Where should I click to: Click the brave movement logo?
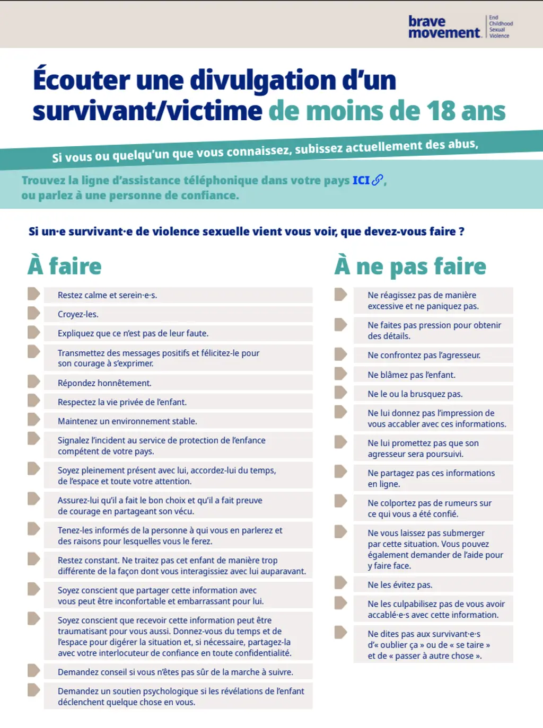(444, 27)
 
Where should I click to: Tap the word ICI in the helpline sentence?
(361, 181)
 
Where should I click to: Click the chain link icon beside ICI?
(377, 180)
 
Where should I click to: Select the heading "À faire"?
(65, 266)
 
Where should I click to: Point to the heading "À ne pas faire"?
(410, 266)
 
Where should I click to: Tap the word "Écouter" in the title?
(81, 81)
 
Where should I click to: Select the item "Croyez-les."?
(78, 314)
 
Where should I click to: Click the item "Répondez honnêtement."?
(104, 383)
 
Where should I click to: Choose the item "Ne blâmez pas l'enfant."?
(411, 375)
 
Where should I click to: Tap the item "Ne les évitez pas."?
(400, 585)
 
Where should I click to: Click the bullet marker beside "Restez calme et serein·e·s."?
(33, 294)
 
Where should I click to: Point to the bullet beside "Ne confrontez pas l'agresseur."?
(340, 354)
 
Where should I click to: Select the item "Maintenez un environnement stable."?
(127, 421)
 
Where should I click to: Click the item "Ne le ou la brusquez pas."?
(415, 394)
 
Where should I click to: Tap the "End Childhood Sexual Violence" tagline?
(500, 27)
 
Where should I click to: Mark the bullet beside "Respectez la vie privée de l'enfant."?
(33, 401)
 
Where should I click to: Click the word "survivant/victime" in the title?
(147, 111)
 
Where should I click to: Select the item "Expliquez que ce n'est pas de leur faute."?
(133, 333)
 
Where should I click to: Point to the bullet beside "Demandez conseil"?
(33, 671)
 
